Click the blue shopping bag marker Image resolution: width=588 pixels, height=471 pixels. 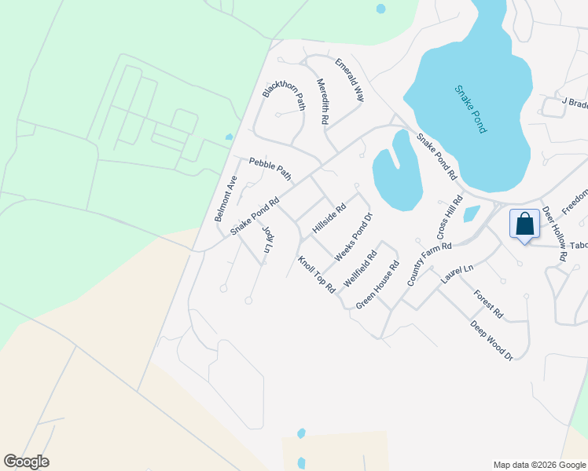tap(524, 225)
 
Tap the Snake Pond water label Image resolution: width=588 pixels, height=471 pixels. tap(470, 108)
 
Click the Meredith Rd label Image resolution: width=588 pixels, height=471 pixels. tap(322, 102)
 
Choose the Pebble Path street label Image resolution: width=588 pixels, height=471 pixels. tap(270, 169)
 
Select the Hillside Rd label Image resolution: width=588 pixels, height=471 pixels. tap(329, 219)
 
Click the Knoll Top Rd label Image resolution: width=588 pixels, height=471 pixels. tap(317, 275)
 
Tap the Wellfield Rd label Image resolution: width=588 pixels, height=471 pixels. tap(360, 268)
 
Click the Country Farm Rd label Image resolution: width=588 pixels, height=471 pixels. tap(429, 264)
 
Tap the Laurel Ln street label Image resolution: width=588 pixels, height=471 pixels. tap(458, 274)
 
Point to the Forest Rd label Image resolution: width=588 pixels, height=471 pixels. tap(488, 304)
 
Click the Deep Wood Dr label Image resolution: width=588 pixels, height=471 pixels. tap(491, 340)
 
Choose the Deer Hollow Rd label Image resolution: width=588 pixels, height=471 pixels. tap(554, 235)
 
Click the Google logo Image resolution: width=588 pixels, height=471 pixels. tap(27, 462)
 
